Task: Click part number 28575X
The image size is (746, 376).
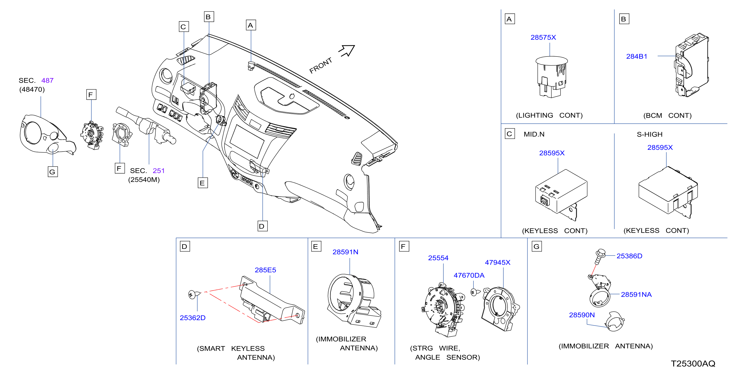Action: (x=543, y=37)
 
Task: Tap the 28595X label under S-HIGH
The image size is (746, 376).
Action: (x=660, y=147)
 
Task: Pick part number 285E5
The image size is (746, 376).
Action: (x=265, y=270)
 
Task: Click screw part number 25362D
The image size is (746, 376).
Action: (x=193, y=318)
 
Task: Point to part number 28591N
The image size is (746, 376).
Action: (x=345, y=252)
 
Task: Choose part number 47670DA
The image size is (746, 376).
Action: (x=469, y=275)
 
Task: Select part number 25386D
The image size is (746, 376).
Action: (x=629, y=256)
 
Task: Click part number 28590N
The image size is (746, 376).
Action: (x=582, y=315)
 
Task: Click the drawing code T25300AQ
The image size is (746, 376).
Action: (x=693, y=364)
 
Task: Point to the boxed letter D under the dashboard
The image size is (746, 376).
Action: (x=262, y=226)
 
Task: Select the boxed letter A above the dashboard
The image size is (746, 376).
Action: (x=251, y=25)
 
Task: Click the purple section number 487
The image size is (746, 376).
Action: (x=47, y=80)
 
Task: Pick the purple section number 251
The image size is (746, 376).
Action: (x=158, y=171)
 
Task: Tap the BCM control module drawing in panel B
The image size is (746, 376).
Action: (x=691, y=65)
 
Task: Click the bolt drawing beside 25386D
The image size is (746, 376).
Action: (x=600, y=256)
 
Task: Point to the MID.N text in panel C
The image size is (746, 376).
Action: (x=534, y=134)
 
